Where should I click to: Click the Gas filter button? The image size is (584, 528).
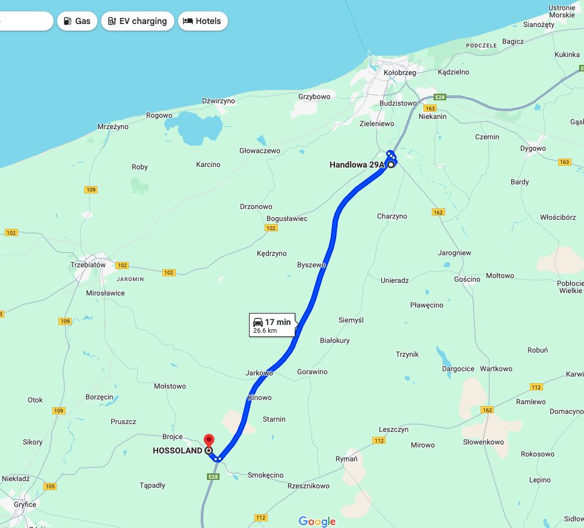pyautogui.click(x=77, y=21)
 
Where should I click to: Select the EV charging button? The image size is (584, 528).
pyautogui.click(x=138, y=21)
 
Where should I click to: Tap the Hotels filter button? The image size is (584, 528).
pyautogui.click(x=203, y=21)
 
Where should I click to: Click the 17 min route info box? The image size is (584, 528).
pyautogui.click(x=272, y=325)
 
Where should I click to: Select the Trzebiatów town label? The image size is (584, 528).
pyautogui.click(x=88, y=265)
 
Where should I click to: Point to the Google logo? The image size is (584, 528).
pyautogui.click(x=317, y=521)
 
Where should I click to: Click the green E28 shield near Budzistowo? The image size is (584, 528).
pyautogui.click(x=440, y=97)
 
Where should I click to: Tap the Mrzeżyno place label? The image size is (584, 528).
pyautogui.click(x=113, y=127)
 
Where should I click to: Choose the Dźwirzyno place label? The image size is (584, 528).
pyautogui.click(x=218, y=101)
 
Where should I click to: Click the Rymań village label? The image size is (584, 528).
pyautogui.click(x=346, y=460)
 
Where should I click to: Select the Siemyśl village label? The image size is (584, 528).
pyautogui.click(x=351, y=320)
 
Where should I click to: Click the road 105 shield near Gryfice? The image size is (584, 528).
pyautogui.click(x=49, y=487)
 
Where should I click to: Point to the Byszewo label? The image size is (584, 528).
pyautogui.click(x=311, y=265)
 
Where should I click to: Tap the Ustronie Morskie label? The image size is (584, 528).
pyautogui.click(x=562, y=11)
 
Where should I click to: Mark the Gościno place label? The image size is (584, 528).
pyautogui.click(x=467, y=279)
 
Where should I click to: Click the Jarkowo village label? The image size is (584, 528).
pyautogui.click(x=259, y=373)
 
